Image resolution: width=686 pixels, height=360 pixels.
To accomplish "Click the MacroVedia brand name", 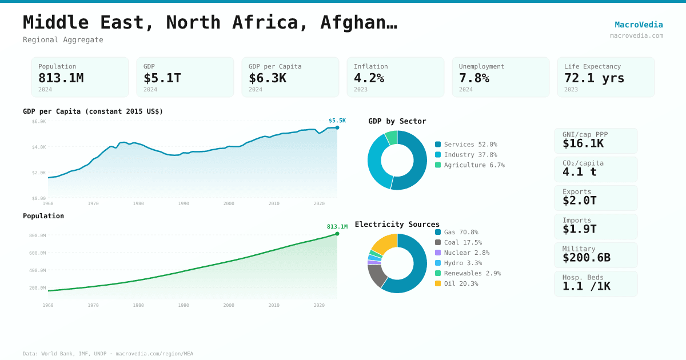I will tap(639, 25).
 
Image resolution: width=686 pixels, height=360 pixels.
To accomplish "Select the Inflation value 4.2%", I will tap(369, 78).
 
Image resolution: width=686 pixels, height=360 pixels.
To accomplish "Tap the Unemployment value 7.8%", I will tap(474, 78).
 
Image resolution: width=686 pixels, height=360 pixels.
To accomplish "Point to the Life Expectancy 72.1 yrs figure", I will tap(594, 78).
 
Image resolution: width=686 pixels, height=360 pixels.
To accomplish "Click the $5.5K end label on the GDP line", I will tap(337, 121).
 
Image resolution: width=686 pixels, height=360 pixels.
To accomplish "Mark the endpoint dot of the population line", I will tap(337, 234).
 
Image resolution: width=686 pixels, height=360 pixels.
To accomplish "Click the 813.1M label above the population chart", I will tap(337, 227).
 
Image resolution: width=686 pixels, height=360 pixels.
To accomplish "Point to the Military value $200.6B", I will tap(586, 258).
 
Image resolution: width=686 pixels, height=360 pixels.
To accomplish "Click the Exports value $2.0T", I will tap(579, 201).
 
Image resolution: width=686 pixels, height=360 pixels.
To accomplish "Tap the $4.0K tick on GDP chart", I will tap(39, 147).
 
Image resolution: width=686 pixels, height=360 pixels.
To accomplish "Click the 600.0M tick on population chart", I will tap(38, 253).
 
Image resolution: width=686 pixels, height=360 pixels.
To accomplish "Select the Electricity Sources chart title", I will tap(397, 224).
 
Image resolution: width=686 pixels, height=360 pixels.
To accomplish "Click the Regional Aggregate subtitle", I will tap(63, 40).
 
